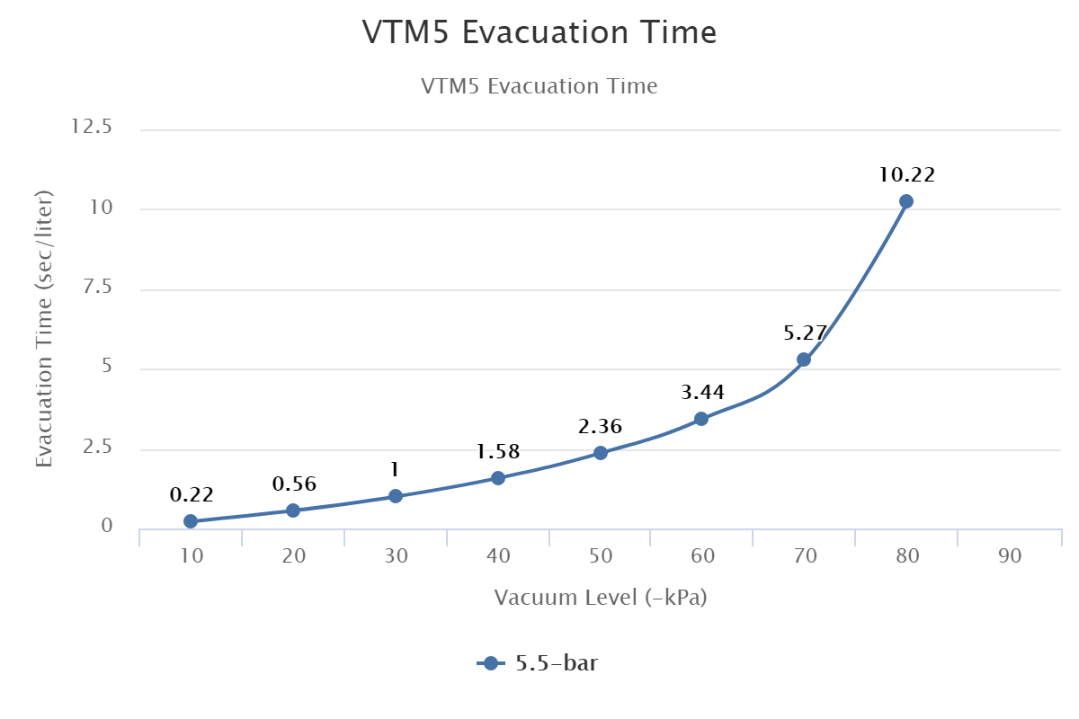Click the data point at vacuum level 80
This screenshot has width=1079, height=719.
point(905,201)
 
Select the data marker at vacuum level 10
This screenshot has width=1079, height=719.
point(191,521)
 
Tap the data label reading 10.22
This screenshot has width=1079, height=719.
point(907,174)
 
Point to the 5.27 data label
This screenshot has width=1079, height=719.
point(805,333)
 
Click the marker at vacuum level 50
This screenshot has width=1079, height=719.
point(601,453)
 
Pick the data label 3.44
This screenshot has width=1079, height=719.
point(702,392)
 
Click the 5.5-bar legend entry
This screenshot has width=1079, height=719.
point(539,664)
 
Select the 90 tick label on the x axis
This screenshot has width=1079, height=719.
point(1010,556)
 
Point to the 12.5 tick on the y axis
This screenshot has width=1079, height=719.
point(92,128)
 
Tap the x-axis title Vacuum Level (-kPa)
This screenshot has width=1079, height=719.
point(601,598)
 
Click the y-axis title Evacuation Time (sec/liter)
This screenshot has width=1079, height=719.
point(44,328)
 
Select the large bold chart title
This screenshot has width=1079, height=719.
point(539,33)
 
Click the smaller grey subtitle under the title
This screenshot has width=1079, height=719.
point(539,87)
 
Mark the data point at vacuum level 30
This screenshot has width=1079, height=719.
point(396,496)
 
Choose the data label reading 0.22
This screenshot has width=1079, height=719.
point(192,494)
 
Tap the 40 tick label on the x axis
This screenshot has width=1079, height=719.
point(498,556)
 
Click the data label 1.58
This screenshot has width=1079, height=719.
point(498,451)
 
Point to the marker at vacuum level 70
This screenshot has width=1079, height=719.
point(804,359)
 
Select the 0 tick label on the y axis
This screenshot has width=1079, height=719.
point(106,527)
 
